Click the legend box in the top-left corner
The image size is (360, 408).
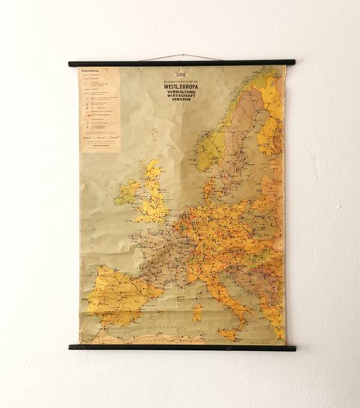[x=99, y=109]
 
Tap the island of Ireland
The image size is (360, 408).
[x=128, y=193]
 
